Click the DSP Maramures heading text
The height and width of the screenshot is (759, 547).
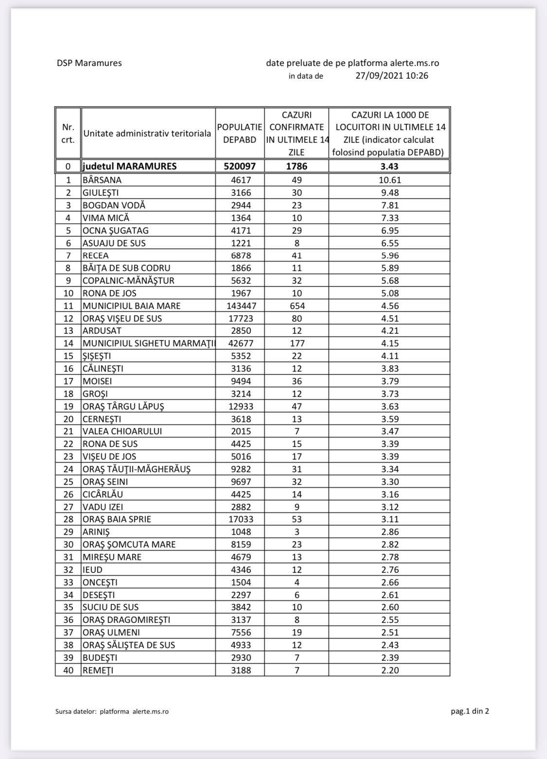(x=89, y=63)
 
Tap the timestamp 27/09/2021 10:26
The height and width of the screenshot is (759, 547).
(x=391, y=76)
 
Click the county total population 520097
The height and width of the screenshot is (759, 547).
(x=240, y=167)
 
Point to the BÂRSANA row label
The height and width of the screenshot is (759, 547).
(x=102, y=180)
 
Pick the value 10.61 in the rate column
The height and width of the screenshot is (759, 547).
(x=389, y=180)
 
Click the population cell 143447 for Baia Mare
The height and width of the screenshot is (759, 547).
(x=240, y=306)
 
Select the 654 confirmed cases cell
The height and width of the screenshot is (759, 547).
(x=297, y=306)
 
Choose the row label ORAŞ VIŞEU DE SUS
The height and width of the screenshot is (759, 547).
(x=122, y=318)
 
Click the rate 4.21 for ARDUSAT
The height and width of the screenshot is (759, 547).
(x=389, y=331)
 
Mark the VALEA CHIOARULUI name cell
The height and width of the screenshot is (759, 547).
(x=122, y=431)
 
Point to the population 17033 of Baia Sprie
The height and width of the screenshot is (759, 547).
(x=240, y=519)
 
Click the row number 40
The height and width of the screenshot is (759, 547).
(x=68, y=671)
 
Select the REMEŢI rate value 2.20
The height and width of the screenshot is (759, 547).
(x=389, y=671)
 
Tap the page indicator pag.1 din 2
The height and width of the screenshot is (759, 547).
(x=470, y=711)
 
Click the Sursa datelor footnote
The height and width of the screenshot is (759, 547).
(x=112, y=712)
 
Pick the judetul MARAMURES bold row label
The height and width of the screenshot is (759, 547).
(x=130, y=167)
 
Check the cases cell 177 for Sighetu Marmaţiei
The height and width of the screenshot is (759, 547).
(x=297, y=344)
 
